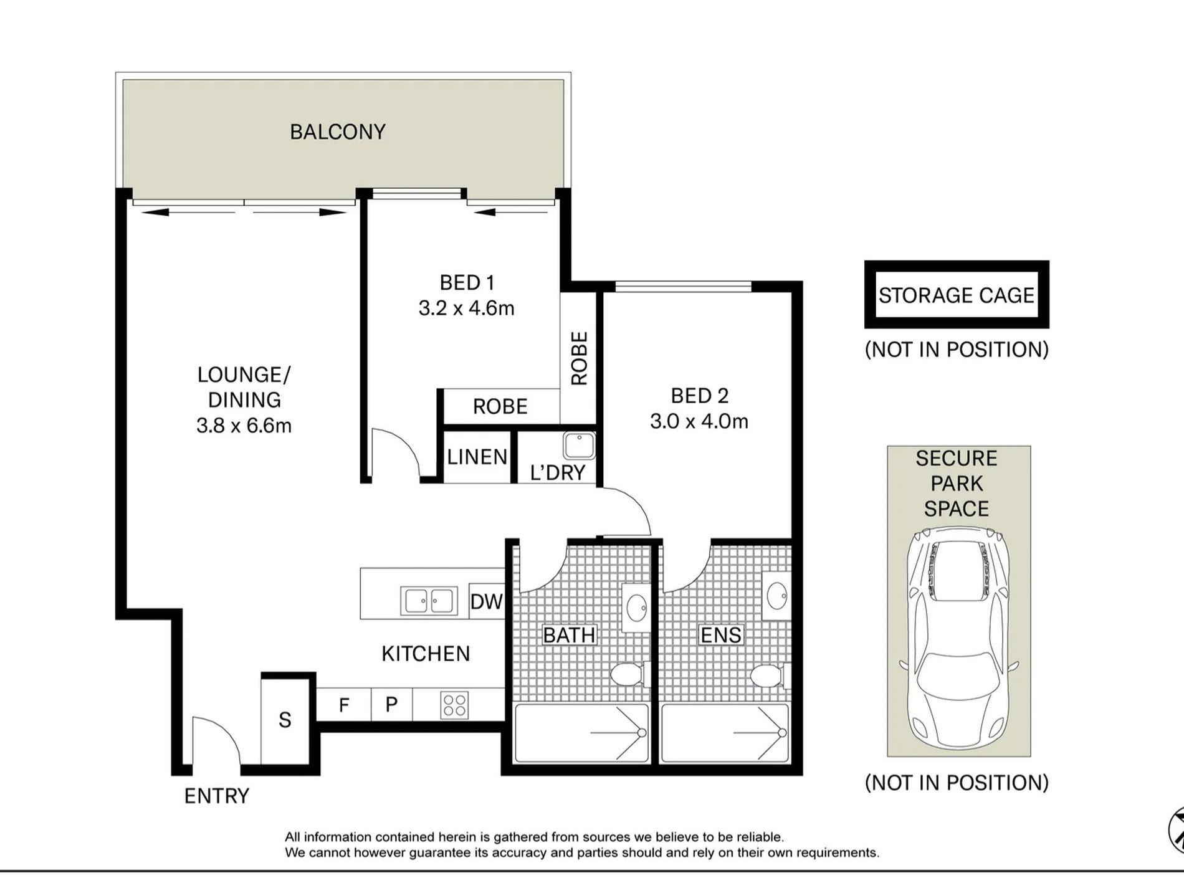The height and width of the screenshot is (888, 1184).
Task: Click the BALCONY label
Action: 338,131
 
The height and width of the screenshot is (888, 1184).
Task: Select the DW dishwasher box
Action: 486,601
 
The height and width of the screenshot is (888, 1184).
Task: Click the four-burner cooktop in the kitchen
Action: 454,705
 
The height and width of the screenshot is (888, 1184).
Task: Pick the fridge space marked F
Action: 344,705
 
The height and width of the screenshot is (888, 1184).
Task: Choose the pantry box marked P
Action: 391,705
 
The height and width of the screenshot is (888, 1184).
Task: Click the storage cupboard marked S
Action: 285,720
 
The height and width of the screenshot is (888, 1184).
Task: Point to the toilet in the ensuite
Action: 770,676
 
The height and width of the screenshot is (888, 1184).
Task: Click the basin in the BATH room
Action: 636,608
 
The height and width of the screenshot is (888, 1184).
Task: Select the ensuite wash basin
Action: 776,596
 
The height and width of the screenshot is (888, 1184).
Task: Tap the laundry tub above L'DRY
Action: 579,446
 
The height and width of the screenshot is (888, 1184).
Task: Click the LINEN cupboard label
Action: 477,457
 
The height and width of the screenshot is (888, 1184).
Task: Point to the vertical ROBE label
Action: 579,358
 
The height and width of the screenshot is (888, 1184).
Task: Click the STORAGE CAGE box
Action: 957,295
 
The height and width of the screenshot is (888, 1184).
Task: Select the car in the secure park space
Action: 958,637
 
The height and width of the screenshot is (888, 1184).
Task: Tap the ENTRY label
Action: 216,796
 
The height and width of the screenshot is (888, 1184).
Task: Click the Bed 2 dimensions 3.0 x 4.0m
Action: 699,421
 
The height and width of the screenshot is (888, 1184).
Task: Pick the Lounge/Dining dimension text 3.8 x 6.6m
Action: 244,426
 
